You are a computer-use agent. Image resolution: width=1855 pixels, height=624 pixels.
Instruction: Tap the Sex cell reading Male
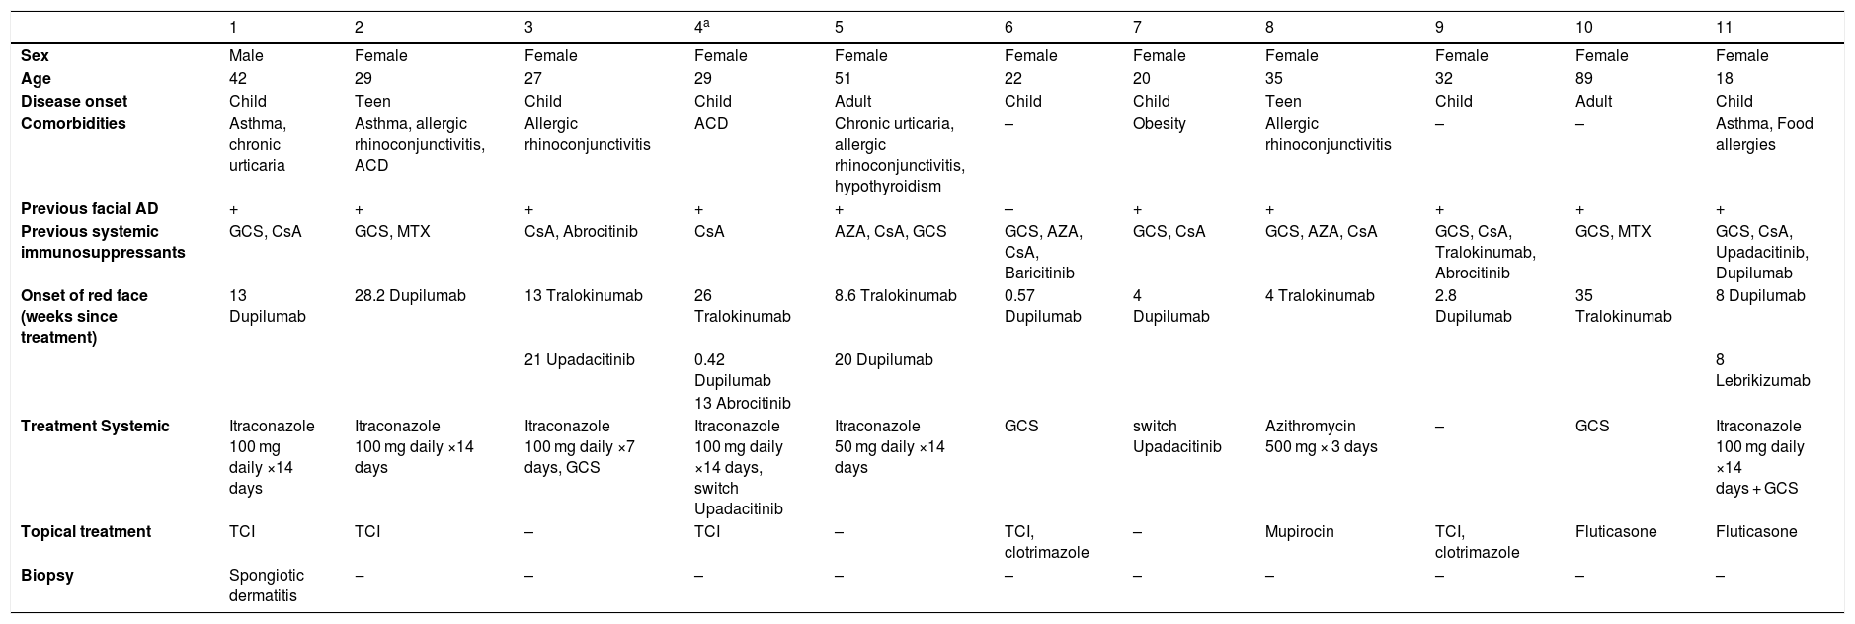coord(246,56)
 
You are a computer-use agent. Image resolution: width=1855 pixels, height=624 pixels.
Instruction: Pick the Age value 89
coord(1584,79)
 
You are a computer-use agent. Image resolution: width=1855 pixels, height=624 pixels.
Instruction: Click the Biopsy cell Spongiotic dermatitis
coord(267,585)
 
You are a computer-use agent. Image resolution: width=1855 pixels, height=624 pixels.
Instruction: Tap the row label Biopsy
coord(45,576)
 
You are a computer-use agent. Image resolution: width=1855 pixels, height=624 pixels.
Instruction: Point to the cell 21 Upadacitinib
coord(580,360)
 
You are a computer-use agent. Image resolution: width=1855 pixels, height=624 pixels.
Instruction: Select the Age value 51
coord(843,79)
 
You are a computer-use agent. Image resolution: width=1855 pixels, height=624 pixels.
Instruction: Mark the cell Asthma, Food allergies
coord(1765,134)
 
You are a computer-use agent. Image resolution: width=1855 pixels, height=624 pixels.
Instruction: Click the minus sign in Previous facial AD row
coord(1008,209)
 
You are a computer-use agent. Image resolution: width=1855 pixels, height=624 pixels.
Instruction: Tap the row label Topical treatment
coord(86,532)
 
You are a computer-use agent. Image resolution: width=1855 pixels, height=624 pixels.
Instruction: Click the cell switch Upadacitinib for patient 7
coord(1177,436)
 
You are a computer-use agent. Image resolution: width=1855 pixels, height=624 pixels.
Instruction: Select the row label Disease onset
coord(74,102)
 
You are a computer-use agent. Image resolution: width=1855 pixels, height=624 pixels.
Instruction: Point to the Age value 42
coord(237,79)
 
